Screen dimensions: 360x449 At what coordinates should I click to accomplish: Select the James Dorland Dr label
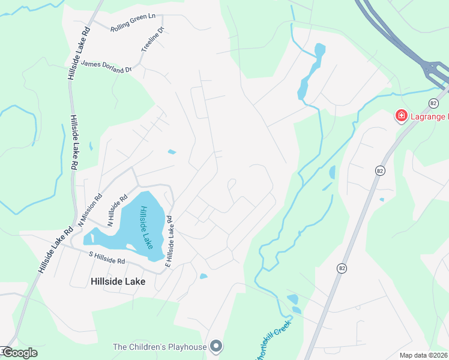106,66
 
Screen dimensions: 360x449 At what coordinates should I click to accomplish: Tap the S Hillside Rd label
106,257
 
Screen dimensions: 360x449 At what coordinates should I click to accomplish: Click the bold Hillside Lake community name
118,280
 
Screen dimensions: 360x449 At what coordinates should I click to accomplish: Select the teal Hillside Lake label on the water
145,227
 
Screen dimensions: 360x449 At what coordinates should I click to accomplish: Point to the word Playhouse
188,347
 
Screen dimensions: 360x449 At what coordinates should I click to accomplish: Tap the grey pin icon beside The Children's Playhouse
217,346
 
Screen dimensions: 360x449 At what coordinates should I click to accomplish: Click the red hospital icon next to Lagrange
400,115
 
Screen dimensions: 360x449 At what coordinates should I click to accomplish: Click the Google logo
20,353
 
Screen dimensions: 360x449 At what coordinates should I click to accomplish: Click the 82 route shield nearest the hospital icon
433,104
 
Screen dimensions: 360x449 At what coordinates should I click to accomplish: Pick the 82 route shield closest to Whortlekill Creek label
342,268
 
